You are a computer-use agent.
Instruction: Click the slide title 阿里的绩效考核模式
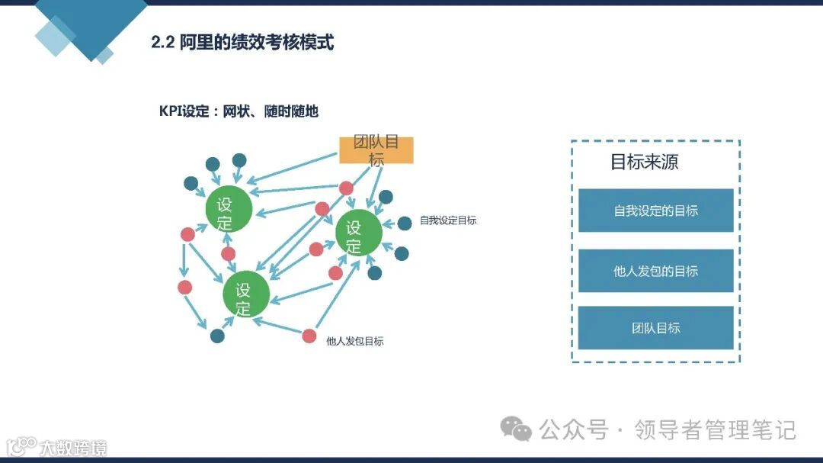click(257, 42)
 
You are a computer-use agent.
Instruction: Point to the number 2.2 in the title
click(163, 42)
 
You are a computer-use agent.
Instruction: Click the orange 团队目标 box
click(376, 150)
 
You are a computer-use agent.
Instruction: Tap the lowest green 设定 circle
click(245, 294)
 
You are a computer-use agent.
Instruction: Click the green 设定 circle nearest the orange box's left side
click(229, 209)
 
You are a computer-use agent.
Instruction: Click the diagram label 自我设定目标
click(448, 221)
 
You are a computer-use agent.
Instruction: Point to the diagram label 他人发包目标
click(354, 341)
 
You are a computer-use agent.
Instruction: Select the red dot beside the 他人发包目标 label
click(309, 336)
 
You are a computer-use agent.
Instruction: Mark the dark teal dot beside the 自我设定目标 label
click(405, 223)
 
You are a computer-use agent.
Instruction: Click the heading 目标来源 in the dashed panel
click(644, 162)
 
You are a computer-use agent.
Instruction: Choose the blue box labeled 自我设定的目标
click(655, 211)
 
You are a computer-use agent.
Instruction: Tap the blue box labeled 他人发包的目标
click(655, 271)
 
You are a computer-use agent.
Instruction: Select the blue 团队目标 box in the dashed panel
click(655, 328)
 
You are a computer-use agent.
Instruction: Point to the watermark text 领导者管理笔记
click(716, 430)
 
